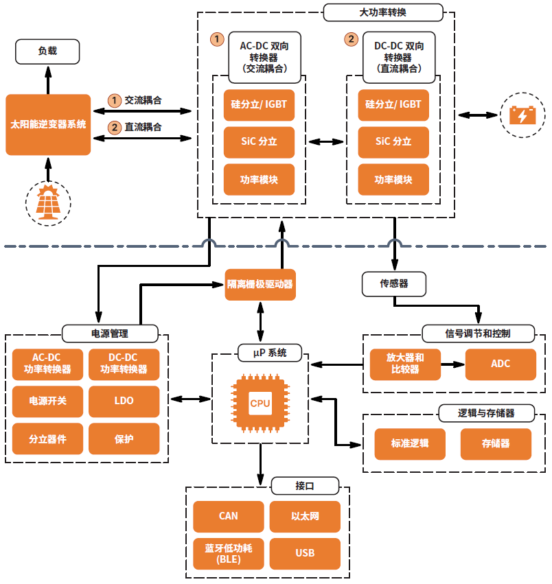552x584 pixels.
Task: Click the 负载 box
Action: pos(47,51)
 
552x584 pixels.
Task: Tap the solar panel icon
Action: pos(47,202)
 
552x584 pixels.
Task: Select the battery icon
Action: pos(522,115)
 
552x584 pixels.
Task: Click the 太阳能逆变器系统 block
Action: pos(48,124)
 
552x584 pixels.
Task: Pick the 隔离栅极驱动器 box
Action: pos(260,284)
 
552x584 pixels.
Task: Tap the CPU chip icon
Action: pos(260,403)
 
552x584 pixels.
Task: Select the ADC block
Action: pos(501,364)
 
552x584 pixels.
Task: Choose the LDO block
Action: pos(124,400)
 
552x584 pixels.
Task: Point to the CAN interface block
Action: pos(228,516)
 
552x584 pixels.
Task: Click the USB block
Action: pos(305,553)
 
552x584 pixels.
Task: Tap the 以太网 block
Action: pos(305,516)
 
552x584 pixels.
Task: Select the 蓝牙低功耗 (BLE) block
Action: pos(228,553)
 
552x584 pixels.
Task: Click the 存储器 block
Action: pos(496,443)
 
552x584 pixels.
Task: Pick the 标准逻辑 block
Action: pos(410,443)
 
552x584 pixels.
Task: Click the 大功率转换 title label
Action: pos(383,12)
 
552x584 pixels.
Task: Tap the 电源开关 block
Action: pos(47,400)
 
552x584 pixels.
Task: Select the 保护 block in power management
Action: pos(124,439)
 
